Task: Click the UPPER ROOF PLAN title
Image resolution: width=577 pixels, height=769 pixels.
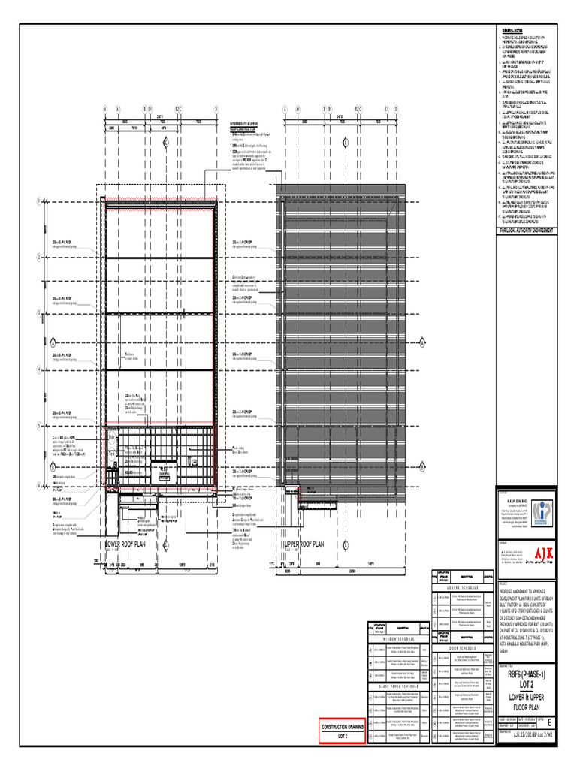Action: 304,544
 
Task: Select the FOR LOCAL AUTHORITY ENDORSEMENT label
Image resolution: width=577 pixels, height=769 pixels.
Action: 527,231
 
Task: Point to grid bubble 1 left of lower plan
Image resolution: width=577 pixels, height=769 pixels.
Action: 38,202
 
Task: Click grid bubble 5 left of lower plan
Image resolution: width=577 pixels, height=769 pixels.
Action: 38,426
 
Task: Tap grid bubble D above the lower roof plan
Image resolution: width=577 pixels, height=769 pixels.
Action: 216,109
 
